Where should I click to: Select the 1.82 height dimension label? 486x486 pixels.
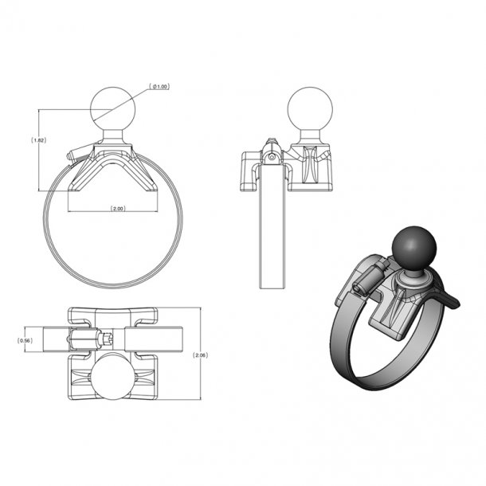(37, 139)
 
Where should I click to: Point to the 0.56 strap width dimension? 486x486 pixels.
(25, 339)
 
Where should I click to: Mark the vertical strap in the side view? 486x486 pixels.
(272, 231)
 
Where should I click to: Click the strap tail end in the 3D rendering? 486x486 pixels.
(452, 303)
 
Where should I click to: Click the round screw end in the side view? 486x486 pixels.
(272, 157)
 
